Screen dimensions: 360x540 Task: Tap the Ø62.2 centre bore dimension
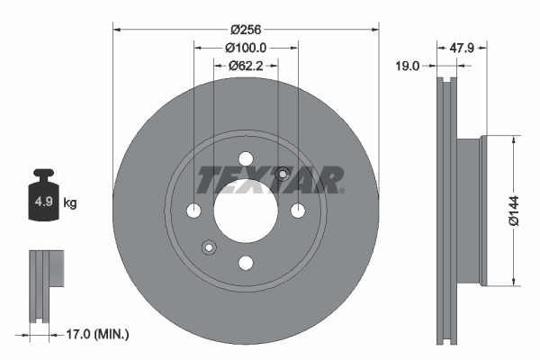click(x=245, y=65)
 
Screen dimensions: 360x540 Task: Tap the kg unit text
click(x=70, y=203)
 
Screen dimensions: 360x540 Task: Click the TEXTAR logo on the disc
click(x=270, y=180)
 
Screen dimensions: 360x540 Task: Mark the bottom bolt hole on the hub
click(x=246, y=262)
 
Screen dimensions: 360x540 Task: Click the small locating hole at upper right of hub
click(x=282, y=174)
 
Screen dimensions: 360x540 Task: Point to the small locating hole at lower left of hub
click(x=210, y=247)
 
